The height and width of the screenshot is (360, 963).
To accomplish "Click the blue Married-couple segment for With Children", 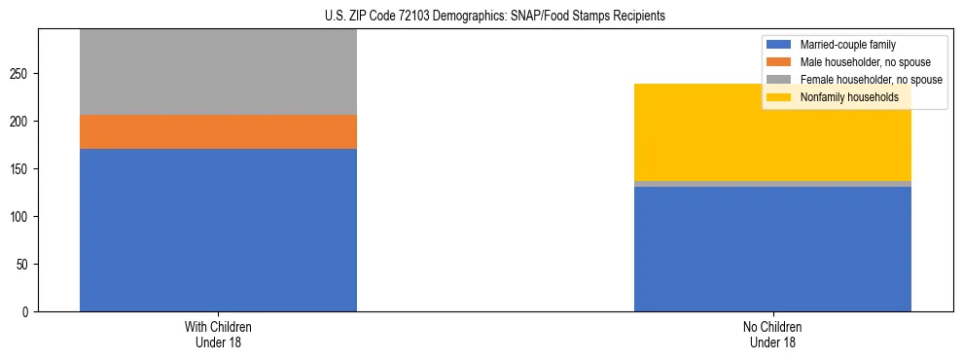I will pos(218,230).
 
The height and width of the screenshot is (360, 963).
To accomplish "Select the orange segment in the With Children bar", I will pos(218,131).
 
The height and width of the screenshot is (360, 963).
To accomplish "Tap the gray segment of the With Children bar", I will pos(218,72).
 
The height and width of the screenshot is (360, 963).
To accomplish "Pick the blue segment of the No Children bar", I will pos(772,249).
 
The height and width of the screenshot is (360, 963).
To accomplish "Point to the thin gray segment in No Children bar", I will pos(772,184).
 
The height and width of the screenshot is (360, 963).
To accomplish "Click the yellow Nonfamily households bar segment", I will pos(772,132).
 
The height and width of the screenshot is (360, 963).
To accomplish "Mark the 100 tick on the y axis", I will pos(22,217).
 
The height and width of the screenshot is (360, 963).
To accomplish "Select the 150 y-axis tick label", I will pos(22,169).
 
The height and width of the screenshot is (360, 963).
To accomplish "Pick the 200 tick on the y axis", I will pos(22,122).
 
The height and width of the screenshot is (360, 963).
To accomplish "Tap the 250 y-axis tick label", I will pos(22,74).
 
